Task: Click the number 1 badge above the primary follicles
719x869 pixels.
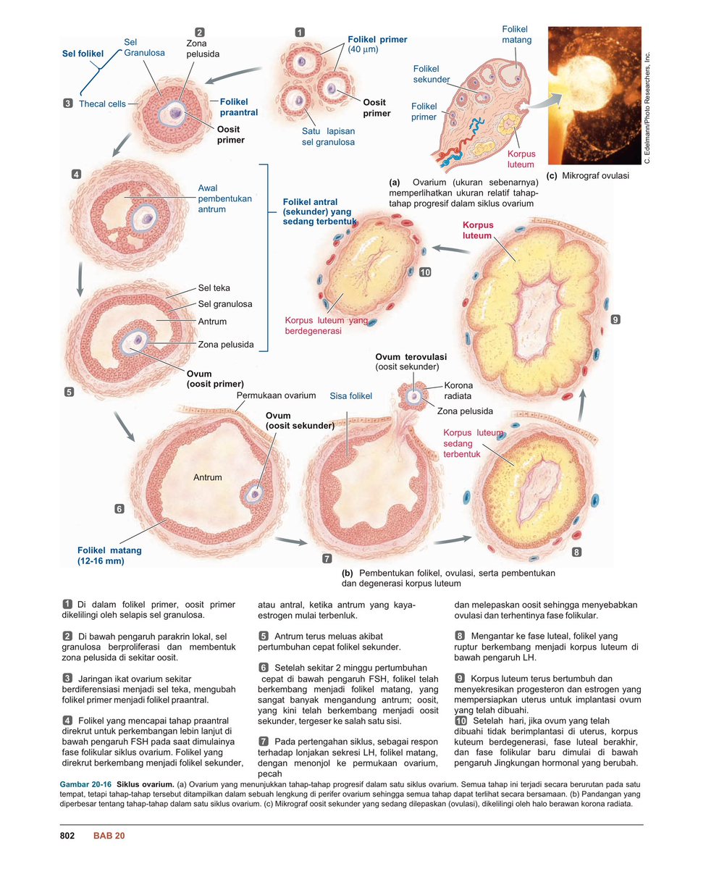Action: coord(300,32)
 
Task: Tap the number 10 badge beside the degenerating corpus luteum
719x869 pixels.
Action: coord(425,272)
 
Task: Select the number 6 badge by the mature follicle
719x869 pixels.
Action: coord(119,509)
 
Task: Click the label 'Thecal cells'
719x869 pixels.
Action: coord(102,104)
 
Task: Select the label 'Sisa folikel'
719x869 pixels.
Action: coord(351,396)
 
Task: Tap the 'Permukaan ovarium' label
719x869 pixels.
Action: coord(276,395)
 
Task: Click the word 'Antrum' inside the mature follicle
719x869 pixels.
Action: coord(207,478)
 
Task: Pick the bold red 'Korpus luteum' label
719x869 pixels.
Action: coord(477,230)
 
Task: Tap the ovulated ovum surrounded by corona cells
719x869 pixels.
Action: coord(413,396)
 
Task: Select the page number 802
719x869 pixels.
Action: coord(67,836)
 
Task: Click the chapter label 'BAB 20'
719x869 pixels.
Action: coord(109,836)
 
